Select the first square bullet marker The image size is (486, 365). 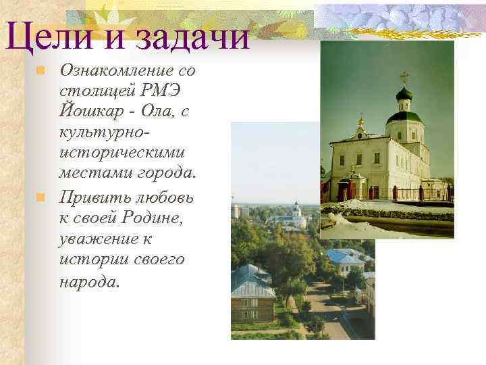[x=40, y=70]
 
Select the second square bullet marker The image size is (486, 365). [x=40, y=198]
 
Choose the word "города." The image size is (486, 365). [x=165, y=174]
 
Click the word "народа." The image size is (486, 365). [x=89, y=281]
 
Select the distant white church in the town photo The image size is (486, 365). [x=296, y=215]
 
